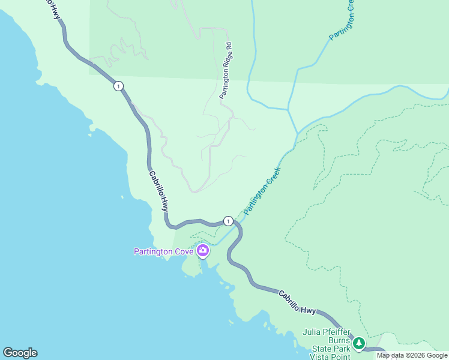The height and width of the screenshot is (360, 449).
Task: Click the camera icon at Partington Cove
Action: point(203,250)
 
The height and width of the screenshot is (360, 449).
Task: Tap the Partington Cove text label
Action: point(163,251)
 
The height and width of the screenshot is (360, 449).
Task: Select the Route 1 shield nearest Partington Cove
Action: point(228,221)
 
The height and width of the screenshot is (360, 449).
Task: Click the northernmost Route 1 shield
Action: point(119,86)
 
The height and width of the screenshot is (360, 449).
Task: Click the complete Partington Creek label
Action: point(262,187)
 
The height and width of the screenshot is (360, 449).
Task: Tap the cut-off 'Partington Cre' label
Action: point(340,20)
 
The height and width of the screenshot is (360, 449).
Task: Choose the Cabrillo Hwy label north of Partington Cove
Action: point(158,190)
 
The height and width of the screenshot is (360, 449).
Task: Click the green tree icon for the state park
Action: point(359,343)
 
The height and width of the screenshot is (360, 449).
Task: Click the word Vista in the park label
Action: point(324,356)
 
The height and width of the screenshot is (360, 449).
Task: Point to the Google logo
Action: point(20,353)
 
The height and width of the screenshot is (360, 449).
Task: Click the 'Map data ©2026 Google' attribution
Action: point(412,355)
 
